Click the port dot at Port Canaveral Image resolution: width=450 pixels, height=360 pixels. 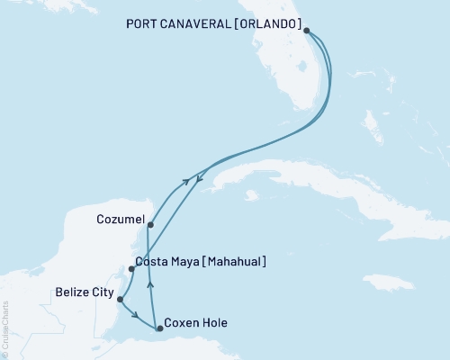pyautogui.click(x=307, y=31)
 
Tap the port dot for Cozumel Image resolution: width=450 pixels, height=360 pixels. pyautogui.click(x=149, y=225)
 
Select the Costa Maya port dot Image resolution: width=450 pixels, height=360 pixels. pyautogui.click(x=132, y=269)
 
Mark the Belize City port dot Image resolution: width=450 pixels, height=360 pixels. pyautogui.click(x=120, y=300)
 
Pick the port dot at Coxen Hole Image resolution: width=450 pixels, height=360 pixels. pyautogui.click(x=160, y=328)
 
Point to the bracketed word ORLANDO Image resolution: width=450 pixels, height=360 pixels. pyautogui.click(x=271, y=24)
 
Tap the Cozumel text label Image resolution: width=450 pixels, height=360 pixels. pyautogui.click(x=117, y=219)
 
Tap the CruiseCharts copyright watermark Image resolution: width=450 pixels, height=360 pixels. pyautogui.click(x=5, y=328)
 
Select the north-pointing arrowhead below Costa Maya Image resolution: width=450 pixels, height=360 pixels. pyautogui.click(x=150, y=283)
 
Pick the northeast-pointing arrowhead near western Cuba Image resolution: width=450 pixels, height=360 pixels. pyautogui.click(x=186, y=181)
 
